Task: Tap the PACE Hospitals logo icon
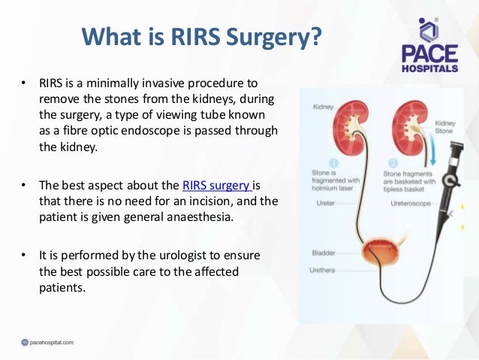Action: pos(428,31)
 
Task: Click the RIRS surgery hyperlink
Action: pos(216,185)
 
